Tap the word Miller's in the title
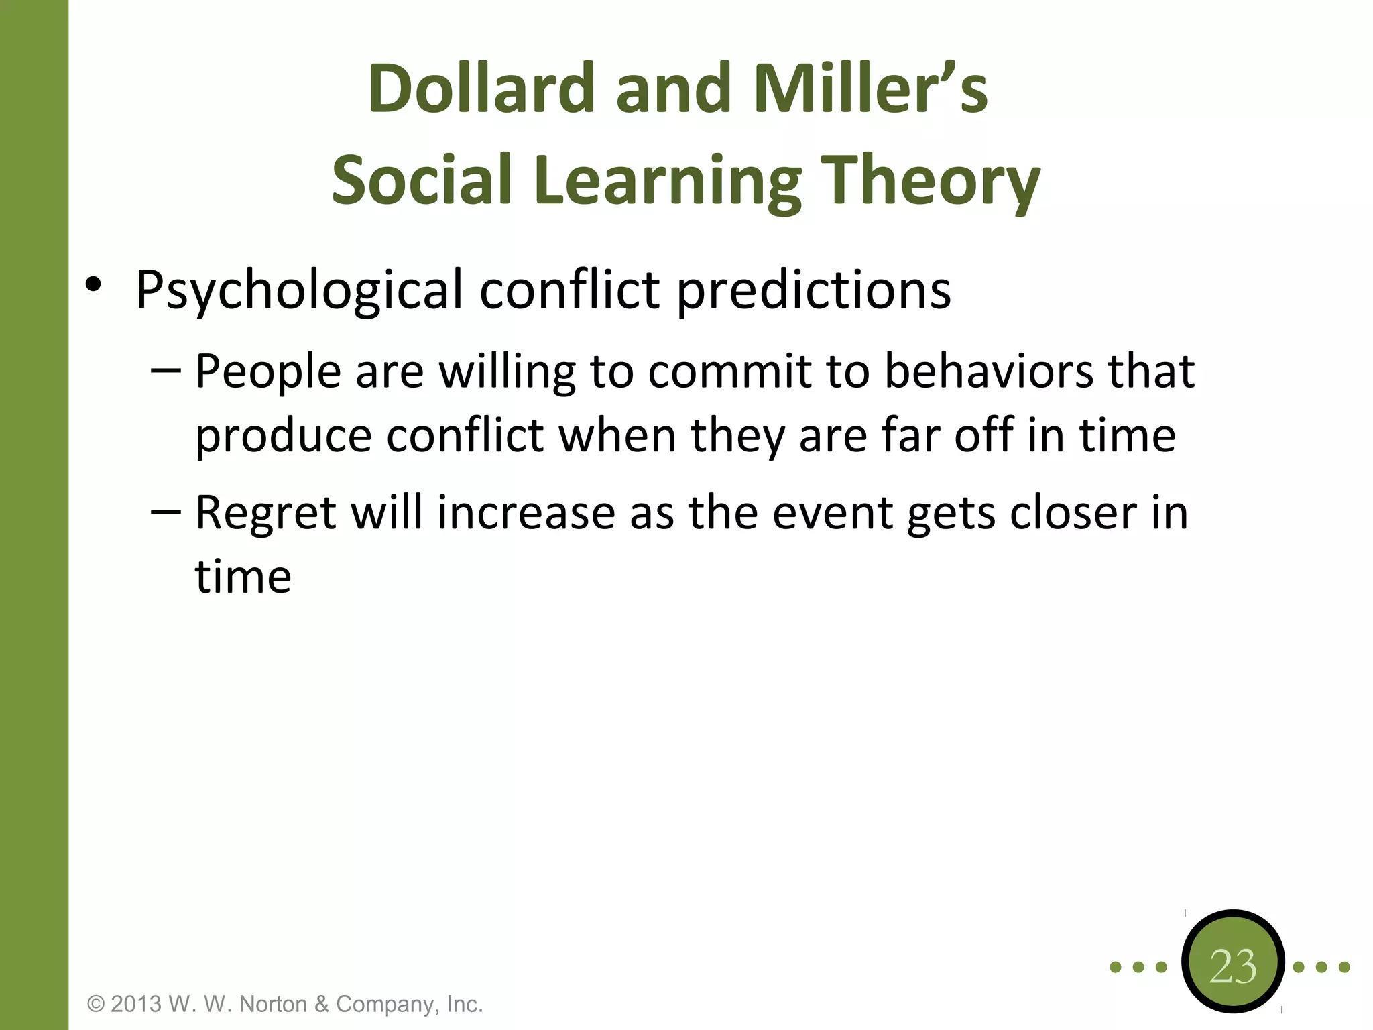870,89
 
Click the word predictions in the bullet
813,290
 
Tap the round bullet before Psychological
93,285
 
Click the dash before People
166,369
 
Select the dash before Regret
166,512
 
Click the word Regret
265,513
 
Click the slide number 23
1233,966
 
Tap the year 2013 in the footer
136,1004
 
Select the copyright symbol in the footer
97,1004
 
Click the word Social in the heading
422,180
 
